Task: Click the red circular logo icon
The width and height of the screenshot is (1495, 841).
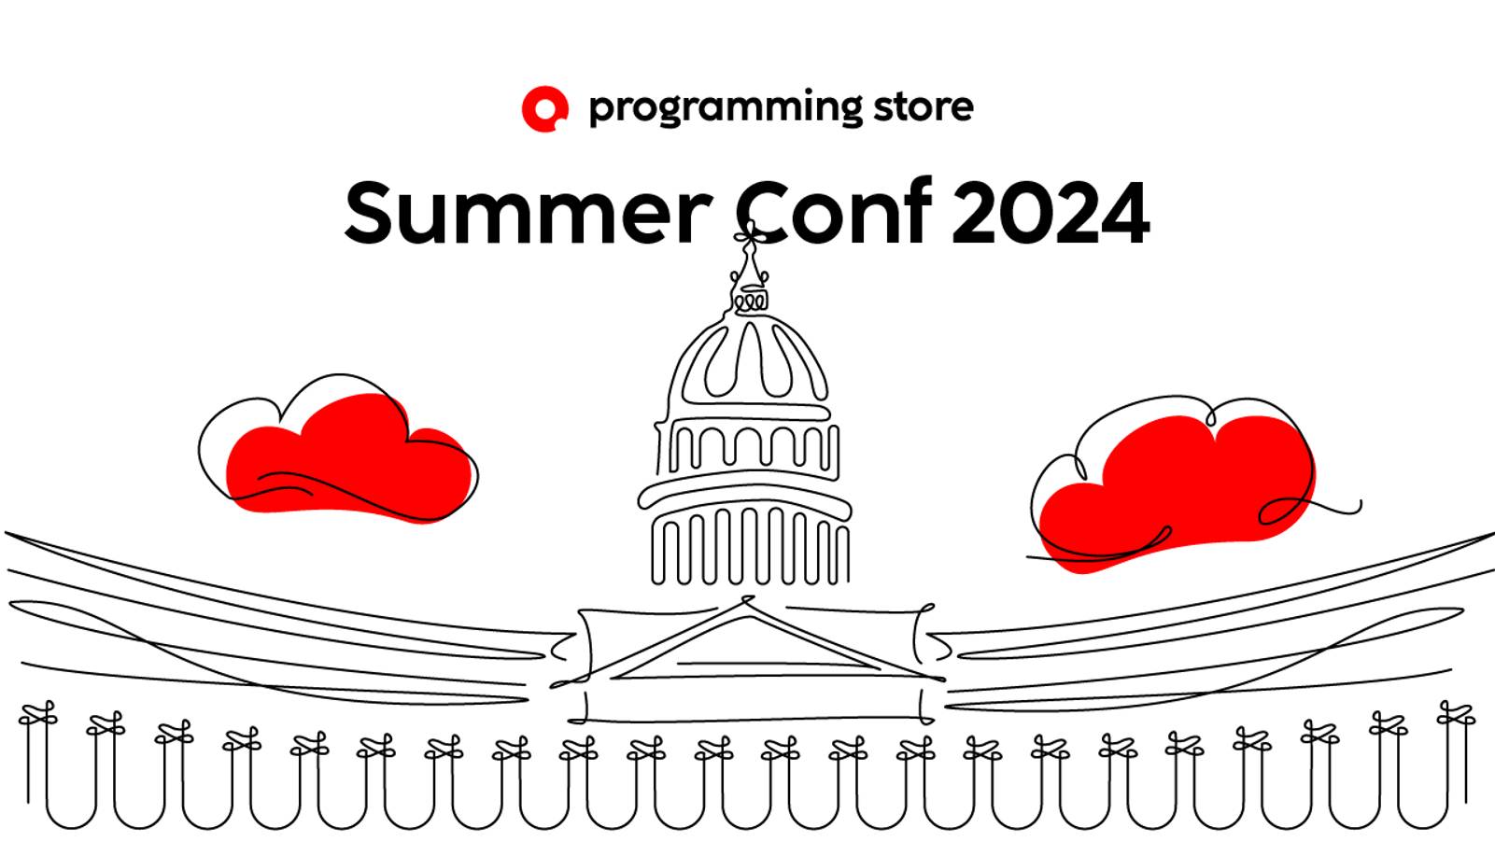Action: click(x=544, y=108)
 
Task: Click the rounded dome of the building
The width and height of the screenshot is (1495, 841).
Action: click(x=747, y=364)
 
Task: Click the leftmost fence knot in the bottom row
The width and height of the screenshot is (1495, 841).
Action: click(x=37, y=718)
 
